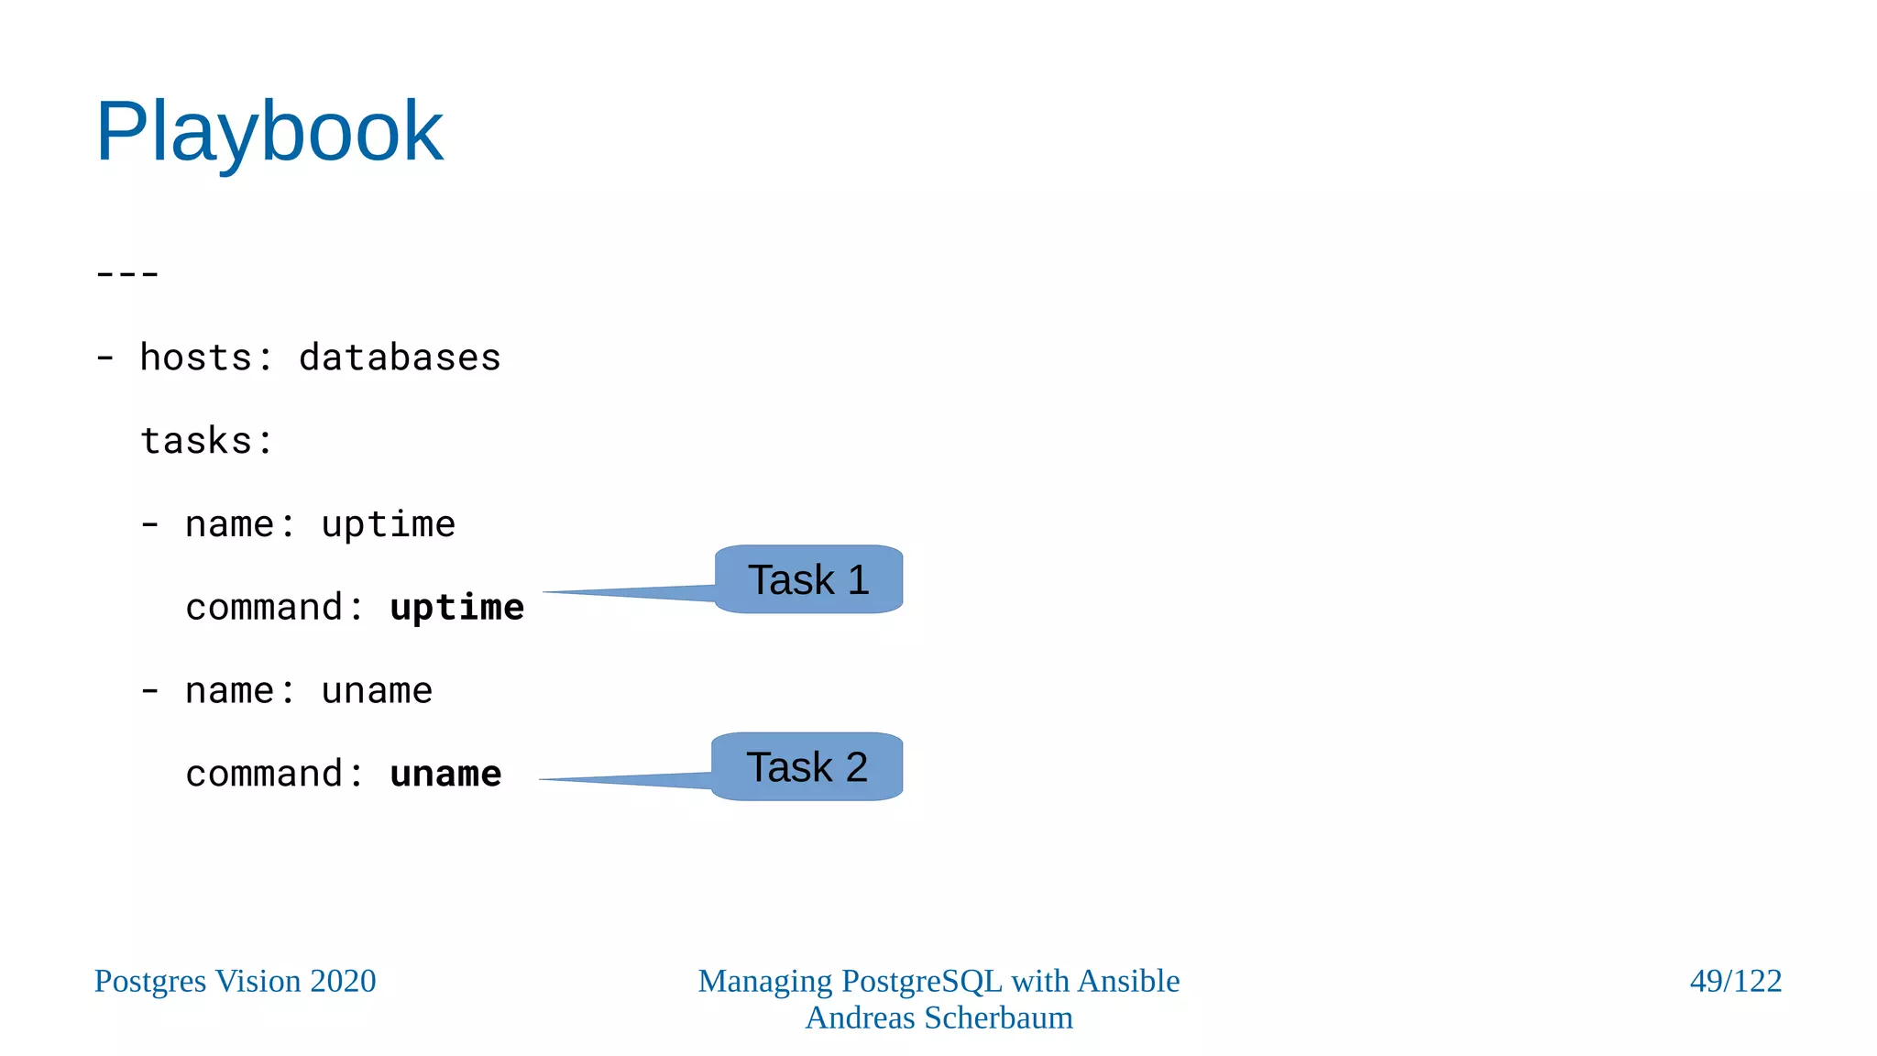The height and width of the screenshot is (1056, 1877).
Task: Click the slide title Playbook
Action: (x=269, y=132)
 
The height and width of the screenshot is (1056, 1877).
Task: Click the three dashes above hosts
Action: (x=127, y=273)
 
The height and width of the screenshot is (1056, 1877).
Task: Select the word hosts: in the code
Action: (x=206, y=357)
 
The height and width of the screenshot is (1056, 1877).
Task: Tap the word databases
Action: (x=400, y=357)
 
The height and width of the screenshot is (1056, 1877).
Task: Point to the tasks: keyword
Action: (x=206, y=441)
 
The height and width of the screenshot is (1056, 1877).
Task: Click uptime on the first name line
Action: (x=388, y=524)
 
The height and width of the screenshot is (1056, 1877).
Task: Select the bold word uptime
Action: (x=456, y=608)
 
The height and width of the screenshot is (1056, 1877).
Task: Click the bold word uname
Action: (x=445, y=775)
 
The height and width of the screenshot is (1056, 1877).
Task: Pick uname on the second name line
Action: (x=377, y=691)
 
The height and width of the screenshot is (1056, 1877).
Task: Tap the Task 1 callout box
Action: (x=808, y=579)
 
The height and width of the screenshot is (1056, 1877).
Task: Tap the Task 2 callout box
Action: (x=807, y=766)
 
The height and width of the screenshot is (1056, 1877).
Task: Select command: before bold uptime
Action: (x=274, y=608)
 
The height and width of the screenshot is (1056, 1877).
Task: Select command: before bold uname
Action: (x=274, y=775)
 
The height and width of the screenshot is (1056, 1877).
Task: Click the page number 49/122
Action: (x=1735, y=981)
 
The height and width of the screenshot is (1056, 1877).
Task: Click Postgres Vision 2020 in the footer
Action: (x=235, y=981)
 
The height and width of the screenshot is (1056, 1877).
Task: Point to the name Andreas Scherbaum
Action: (x=938, y=1017)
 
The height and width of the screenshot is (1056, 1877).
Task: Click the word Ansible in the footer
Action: (x=1128, y=981)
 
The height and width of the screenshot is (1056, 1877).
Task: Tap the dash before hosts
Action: (x=105, y=357)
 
